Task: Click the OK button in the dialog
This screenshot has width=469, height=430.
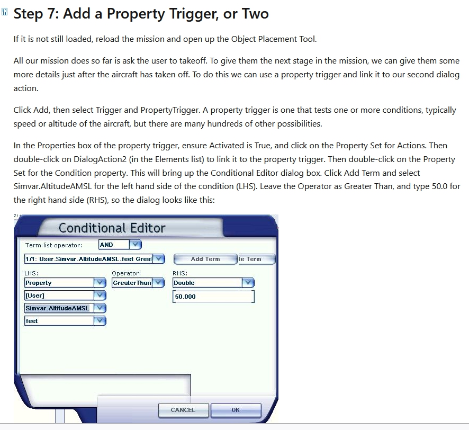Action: point(236,410)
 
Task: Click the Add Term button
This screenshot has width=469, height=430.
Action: point(205,259)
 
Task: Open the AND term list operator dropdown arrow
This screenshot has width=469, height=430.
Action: point(135,245)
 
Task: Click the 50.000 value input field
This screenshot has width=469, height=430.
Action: point(213,297)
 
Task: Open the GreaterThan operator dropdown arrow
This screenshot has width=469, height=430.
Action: point(158,283)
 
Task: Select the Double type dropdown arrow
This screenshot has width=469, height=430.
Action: point(248,283)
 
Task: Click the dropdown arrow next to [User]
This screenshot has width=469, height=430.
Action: point(100,295)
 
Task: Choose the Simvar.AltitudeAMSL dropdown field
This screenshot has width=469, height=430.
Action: point(59,308)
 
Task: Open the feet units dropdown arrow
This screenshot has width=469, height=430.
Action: point(100,321)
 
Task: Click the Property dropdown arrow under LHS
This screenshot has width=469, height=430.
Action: point(100,283)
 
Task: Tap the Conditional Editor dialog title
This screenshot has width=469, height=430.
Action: point(112,228)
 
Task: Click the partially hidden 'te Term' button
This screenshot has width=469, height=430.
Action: point(257,259)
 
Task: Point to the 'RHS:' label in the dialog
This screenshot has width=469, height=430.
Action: point(180,273)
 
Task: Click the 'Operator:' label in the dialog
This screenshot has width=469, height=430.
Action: point(126,273)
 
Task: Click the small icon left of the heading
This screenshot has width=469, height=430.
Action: point(4,12)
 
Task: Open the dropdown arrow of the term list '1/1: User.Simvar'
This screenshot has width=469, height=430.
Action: point(159,259)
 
